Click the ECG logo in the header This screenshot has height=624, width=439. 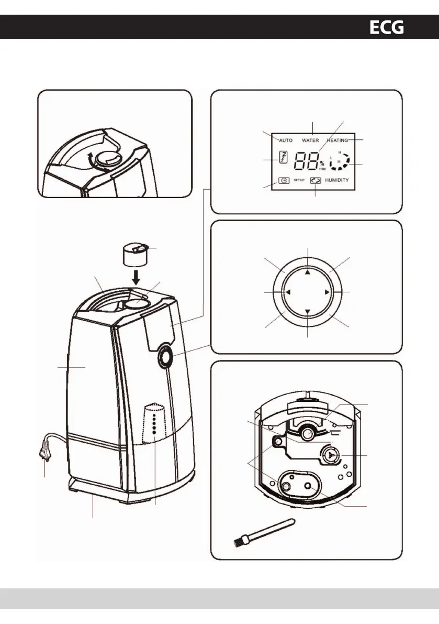coord(387,27)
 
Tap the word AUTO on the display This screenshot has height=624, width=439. coord(286,140)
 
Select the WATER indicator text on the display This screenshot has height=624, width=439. coord(310,140)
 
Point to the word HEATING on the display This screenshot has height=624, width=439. coord(337,140)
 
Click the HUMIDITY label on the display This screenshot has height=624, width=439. coord(337,180)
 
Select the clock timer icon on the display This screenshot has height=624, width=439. coord(284,180)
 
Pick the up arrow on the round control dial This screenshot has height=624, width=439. coord(308,272)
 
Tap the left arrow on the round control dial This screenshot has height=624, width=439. coord(288,292)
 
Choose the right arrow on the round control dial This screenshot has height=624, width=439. coord(327,292)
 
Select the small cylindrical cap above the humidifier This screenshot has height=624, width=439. coord(134,255)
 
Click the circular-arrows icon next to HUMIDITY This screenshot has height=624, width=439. coord(316,180)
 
